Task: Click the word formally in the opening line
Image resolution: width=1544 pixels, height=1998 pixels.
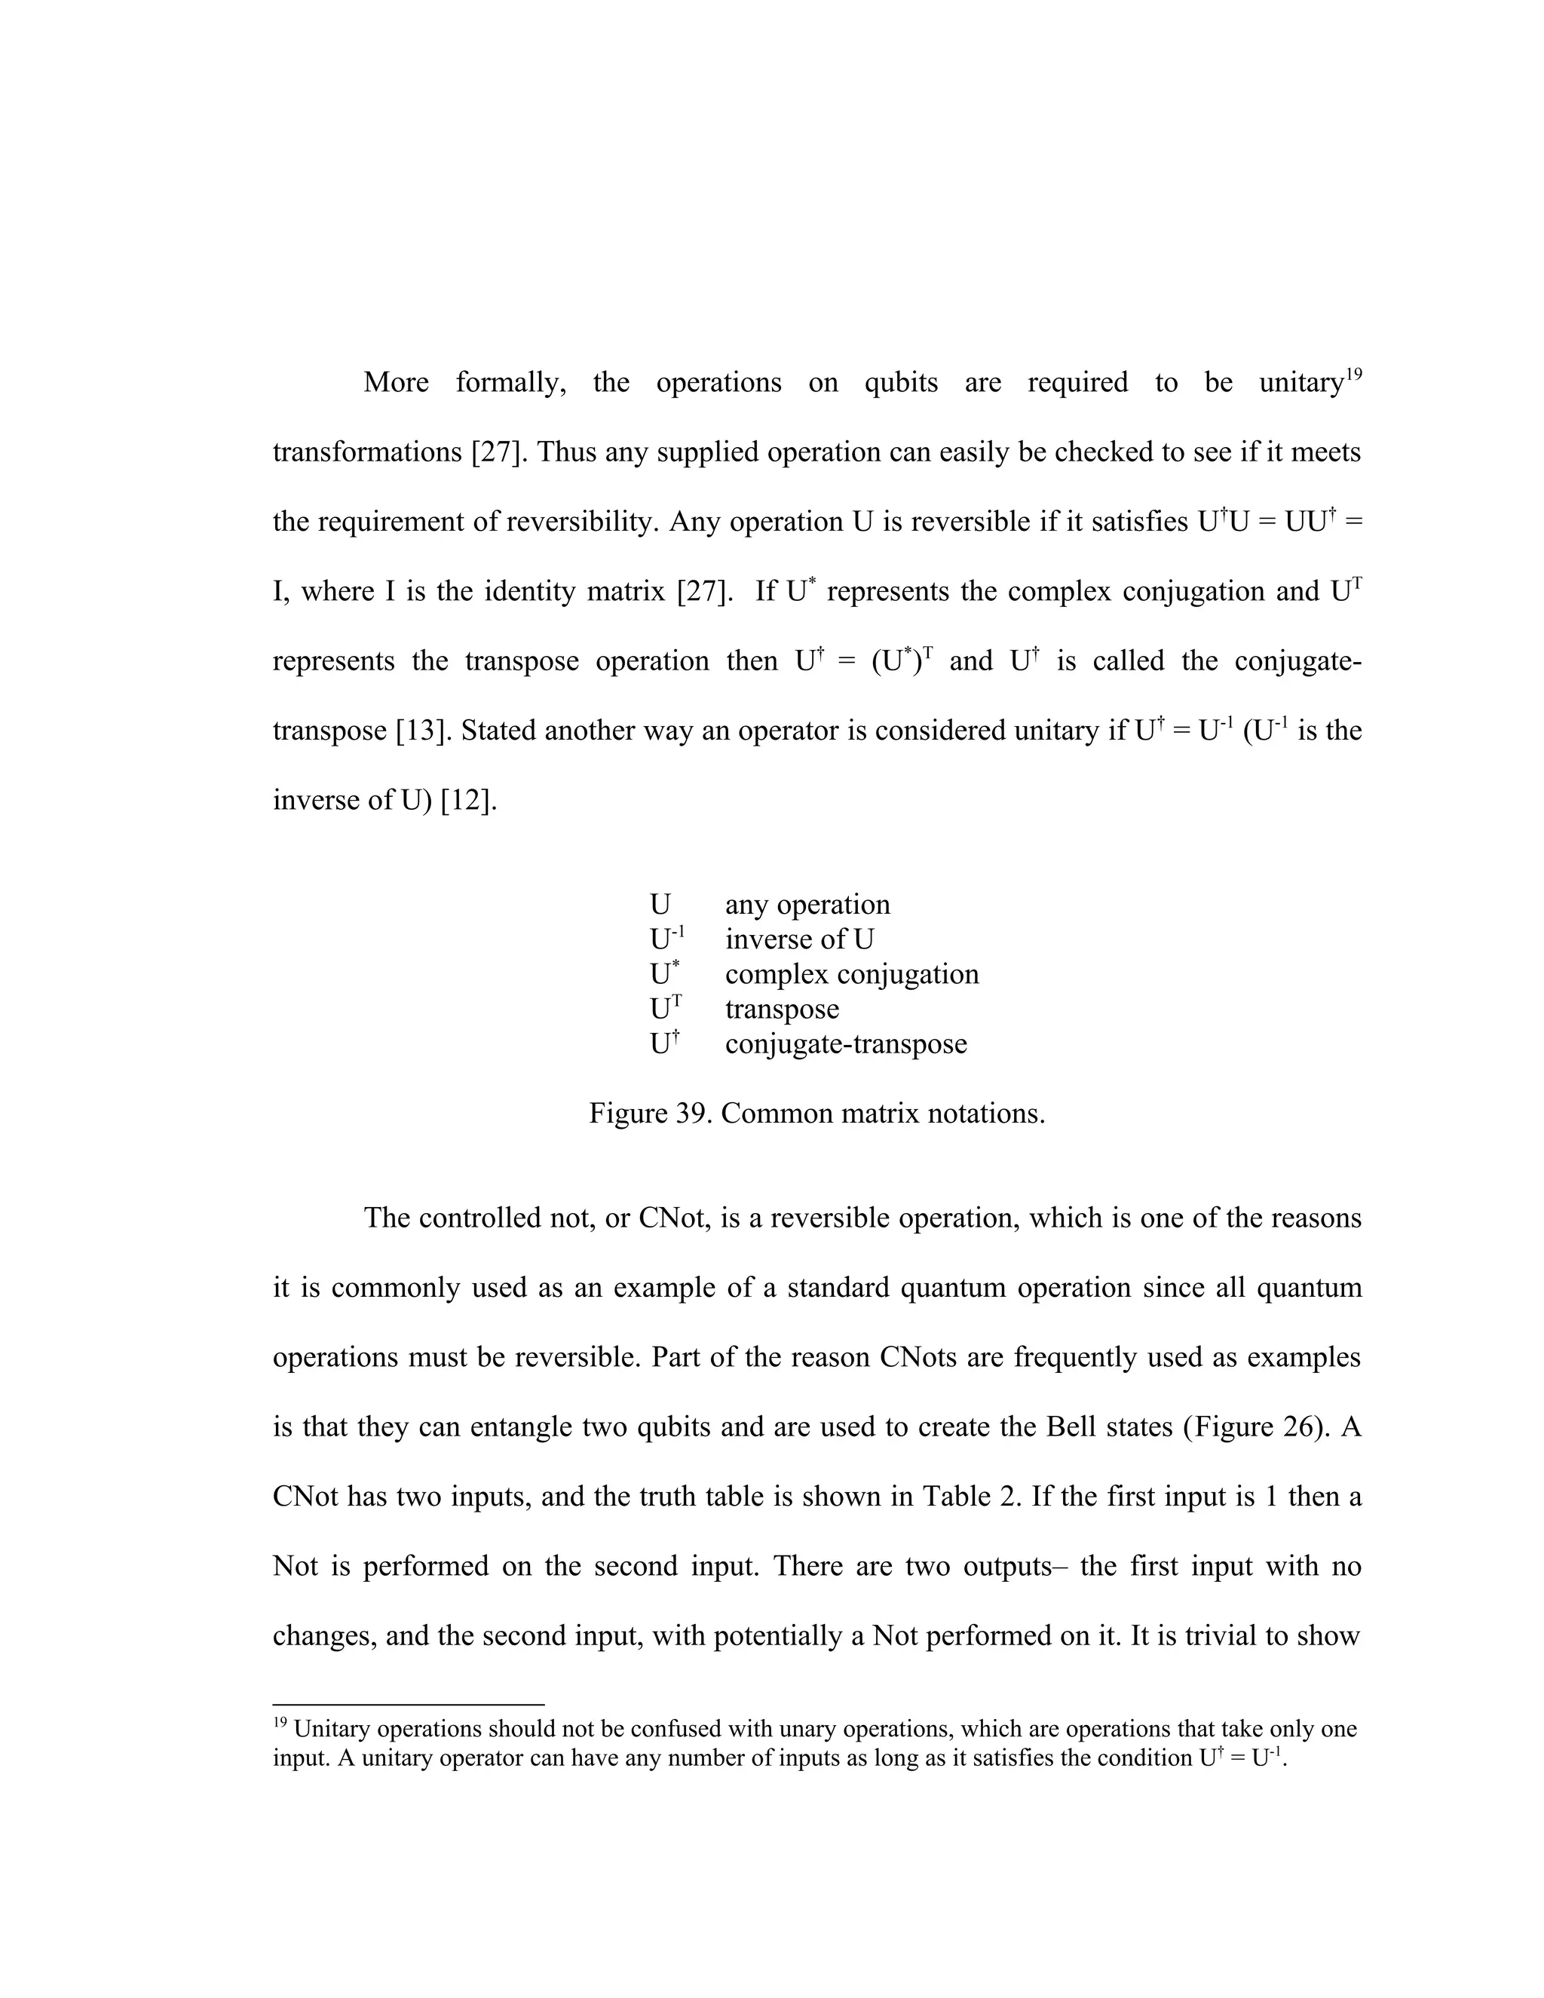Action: pyautogui.click(x=510, y=382)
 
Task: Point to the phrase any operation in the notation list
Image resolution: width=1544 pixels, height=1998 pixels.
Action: pyautogui.click(x=807, y=905)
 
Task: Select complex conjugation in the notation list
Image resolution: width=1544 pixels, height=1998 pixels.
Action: pyautogui.click(x=852, y=974)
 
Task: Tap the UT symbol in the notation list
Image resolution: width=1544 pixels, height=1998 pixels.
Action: pyautogui.click(x=666, y=1009)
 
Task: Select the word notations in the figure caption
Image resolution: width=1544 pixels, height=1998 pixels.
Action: pyautogui.click(x=986, y=1114)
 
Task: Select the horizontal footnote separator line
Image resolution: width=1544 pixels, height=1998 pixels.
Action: pyautogui.click(x=408, y=1705)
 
